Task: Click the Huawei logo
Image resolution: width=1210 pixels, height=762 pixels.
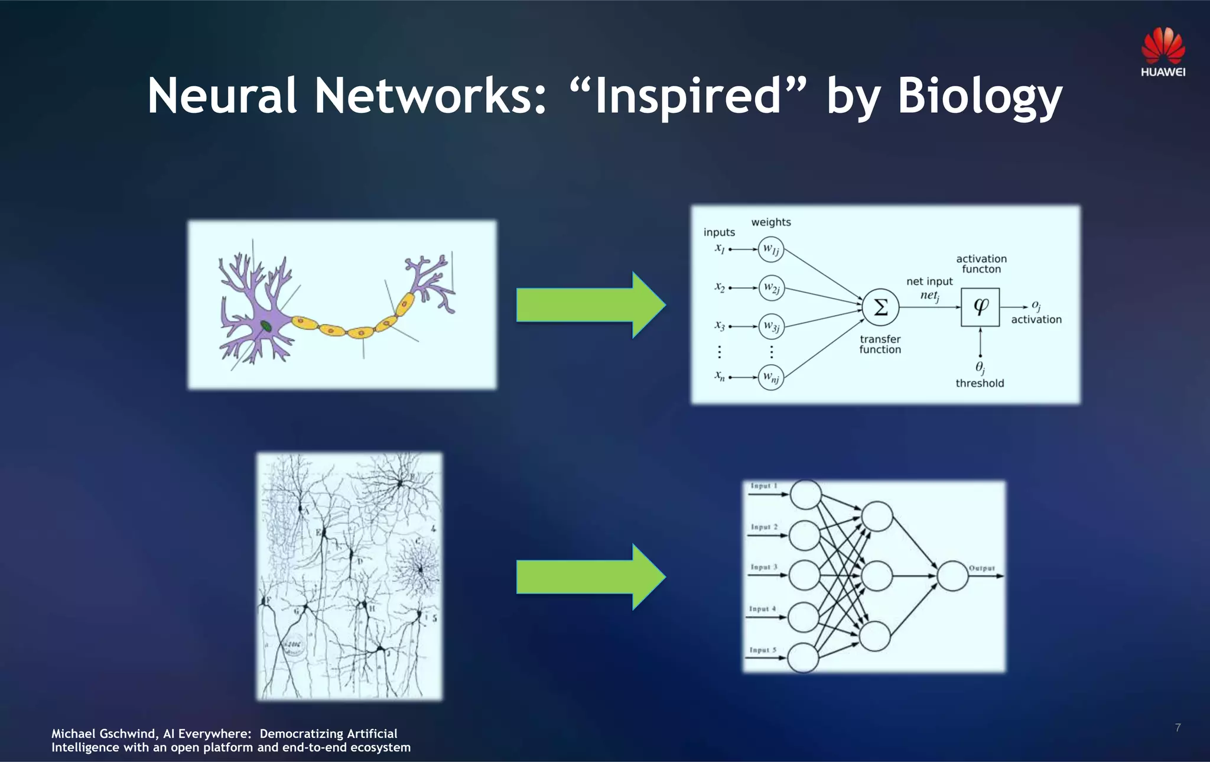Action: pos(1163,52)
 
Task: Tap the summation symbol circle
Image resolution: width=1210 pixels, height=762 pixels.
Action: pos(880,307)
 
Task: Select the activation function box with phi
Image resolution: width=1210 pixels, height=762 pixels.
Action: pos(980,307)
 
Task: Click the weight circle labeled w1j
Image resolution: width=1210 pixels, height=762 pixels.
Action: pos(771,249)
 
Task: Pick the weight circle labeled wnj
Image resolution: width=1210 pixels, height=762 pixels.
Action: pos(771,377)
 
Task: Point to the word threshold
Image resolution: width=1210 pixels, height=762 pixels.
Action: pos(980,383)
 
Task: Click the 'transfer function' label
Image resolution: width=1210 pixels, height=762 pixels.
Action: pos(880,344)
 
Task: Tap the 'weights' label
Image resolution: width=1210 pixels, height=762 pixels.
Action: pos(770,222)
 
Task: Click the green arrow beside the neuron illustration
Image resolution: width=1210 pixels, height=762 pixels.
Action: pos(591,305)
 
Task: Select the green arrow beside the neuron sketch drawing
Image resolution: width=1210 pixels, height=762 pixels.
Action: pos(591,577)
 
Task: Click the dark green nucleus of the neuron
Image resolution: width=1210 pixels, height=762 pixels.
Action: pos(266,325)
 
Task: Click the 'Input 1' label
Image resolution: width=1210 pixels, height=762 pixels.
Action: pos(763,486)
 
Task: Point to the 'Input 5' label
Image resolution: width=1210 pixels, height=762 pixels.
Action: pos(763,650)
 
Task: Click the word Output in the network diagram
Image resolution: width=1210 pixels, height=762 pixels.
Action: pos(981,568)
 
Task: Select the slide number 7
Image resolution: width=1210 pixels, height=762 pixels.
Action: pos(1178,728)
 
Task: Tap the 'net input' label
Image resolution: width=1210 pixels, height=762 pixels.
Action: pos(929,281)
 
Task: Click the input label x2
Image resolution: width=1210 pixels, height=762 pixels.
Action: pos(719,287)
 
